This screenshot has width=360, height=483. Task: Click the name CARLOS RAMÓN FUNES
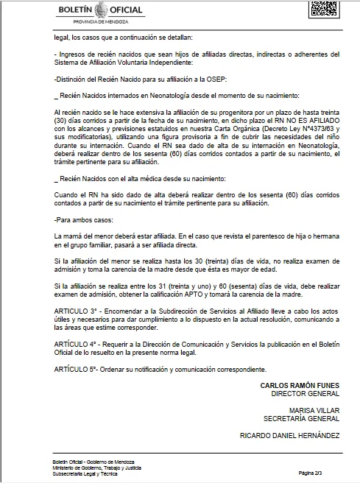tap(300, 385)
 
